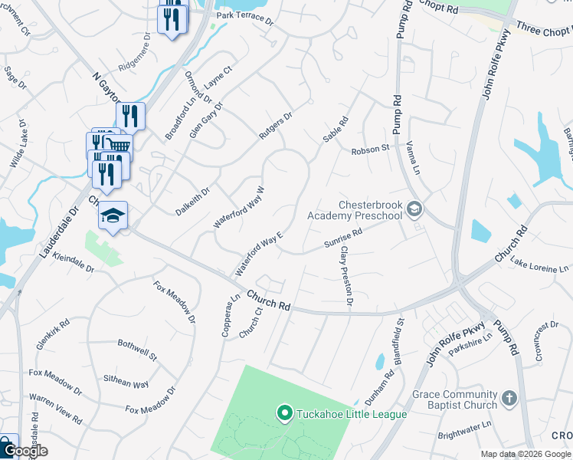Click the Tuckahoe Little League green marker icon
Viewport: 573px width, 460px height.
[x=285, y=414]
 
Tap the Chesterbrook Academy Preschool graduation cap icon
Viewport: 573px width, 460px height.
[x=414, y=209]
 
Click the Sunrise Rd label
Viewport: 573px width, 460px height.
[x=342, y=239]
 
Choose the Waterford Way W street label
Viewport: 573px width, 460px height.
[x=240, y=207]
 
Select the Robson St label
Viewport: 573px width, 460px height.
[x=371, y=150]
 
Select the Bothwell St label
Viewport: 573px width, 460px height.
[x=136, y=350]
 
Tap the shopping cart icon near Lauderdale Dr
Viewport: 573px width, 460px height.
[x=116, y=146]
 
